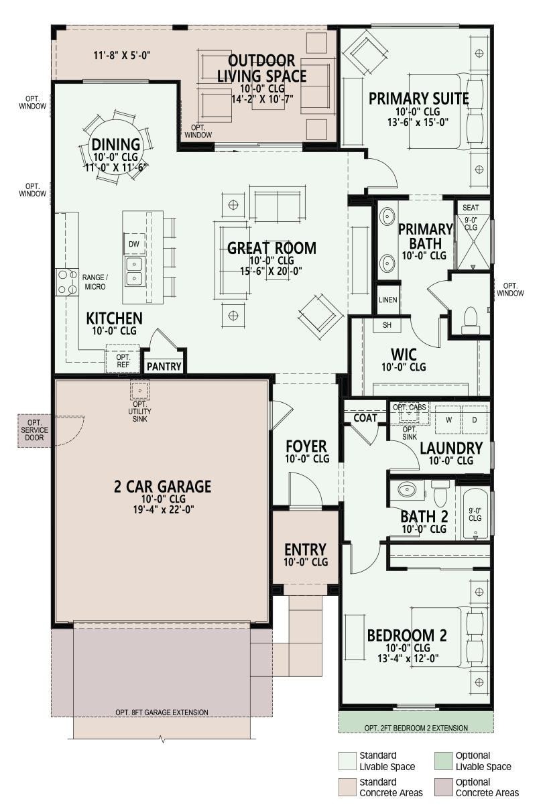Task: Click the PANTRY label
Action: [164, 367]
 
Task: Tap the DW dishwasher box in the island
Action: [134, 244]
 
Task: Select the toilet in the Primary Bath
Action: [471, 320]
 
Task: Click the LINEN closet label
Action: [387, 300]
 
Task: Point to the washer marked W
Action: [448, 420]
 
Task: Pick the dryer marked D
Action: [474, 420]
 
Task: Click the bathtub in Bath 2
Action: [475, 514]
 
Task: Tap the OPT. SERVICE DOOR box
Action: [34, 430]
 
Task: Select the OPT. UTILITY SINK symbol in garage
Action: [139, 391]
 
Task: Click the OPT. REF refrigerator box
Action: [123, 359]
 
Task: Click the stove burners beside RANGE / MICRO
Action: [67, 282]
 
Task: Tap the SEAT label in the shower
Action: [471, 208]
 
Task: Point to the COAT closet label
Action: [365, 418]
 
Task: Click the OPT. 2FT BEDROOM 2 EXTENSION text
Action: [416, 728]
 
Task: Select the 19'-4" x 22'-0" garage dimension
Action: [164, 510]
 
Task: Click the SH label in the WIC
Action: [387, 325]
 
